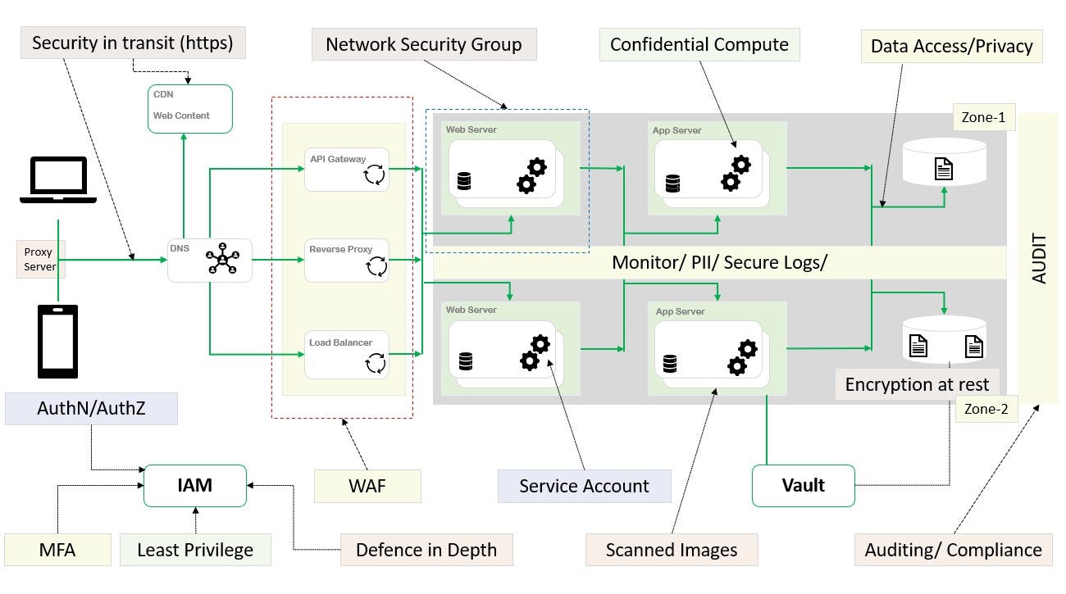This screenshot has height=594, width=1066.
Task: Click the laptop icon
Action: pyautogui.click(x=58, y=180)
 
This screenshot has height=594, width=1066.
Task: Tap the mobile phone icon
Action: pyautogui.click(x=58, y=341)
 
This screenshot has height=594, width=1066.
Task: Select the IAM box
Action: pyautogui.click(x=195, y=485)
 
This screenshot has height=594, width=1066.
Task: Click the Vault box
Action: pyautogui.click(x=803, y=485)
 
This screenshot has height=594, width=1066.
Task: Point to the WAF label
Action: pyautogui.click(x=367, y=486)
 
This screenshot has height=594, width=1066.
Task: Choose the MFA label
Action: pyautogui.click(x=57, y=549)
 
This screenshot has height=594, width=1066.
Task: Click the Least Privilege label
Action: pyautogui.click(x=195, y=549)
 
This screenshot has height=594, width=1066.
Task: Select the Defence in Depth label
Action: pyautogui.click(x=426, y=549)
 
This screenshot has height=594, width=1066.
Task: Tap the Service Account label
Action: pyautogui.click(x=584, y=486)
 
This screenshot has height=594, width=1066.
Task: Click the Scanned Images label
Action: pyautogui.click(x=672, y=549)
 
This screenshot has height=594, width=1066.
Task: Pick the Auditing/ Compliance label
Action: pyautogui.click(x=953, y=549)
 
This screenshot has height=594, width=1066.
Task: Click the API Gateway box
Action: pyautogui.click(x=346, y=169)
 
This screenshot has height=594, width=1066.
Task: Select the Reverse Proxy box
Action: pyautogui.click(x=346, y=260)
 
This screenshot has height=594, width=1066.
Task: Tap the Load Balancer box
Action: pyautogui.click(x=346, y=354)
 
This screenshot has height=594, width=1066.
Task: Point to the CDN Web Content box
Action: pyautogui.click(x=190, y=108)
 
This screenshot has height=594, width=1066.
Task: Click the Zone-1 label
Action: pyautogui.click(x=983, y=117)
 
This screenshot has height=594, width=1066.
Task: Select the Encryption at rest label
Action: pyautogui.click(x=917, y=384)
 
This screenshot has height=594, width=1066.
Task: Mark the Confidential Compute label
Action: pyautogui.click(x=699, y=45)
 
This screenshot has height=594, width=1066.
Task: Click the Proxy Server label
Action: pyautogui.click(x=39, y=260)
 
